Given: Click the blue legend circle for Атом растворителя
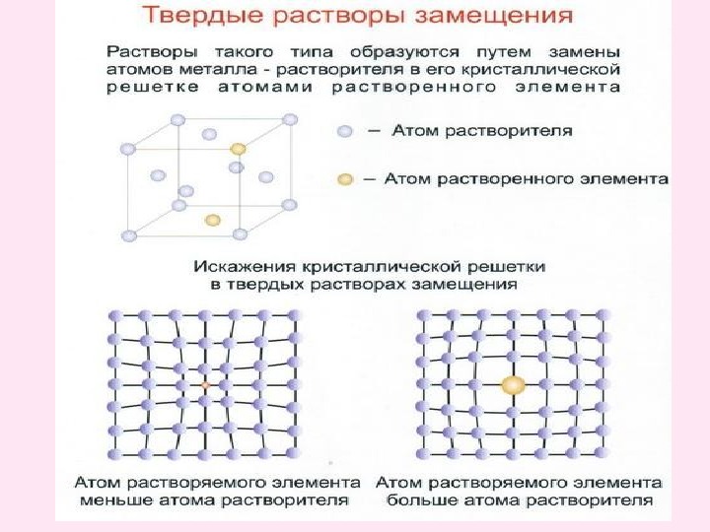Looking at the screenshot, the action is pos(343,131).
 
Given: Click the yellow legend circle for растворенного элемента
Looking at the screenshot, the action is pos(343,180).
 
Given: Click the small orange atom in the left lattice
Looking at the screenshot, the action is pos(205,385).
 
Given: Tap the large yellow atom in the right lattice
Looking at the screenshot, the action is pos(513,385).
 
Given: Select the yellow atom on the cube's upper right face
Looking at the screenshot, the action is pos(238,148).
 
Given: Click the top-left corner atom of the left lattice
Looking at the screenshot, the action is pos(113,314).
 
